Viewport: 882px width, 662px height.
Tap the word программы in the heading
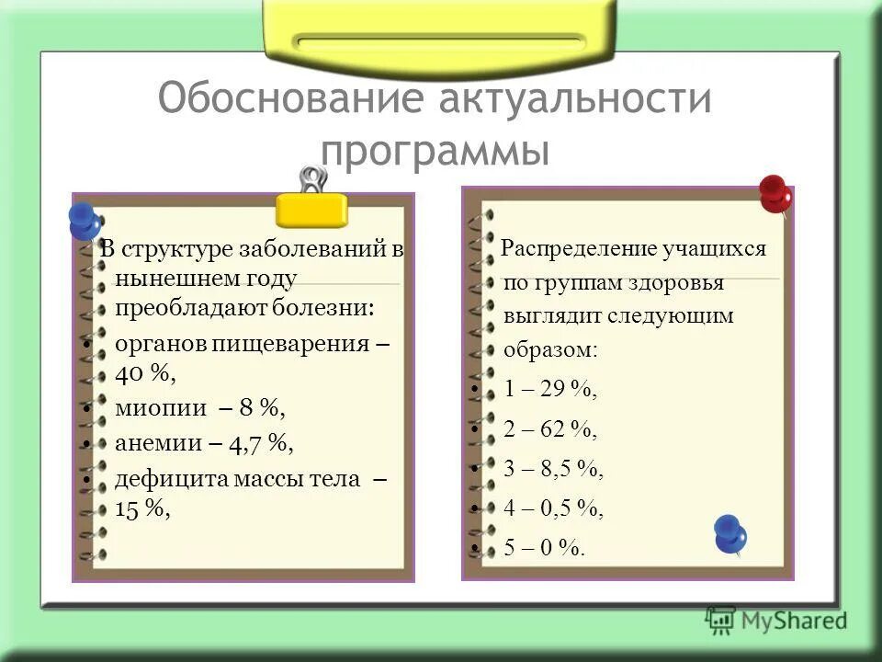pos(435,149)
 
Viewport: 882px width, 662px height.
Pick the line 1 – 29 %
pos(549,390)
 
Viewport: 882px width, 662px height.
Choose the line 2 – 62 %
pos(549,429)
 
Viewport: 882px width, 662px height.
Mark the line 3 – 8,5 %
pos(553,469)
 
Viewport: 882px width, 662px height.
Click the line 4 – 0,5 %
pos(553,508)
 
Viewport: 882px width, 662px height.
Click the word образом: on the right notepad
pos(549,350)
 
